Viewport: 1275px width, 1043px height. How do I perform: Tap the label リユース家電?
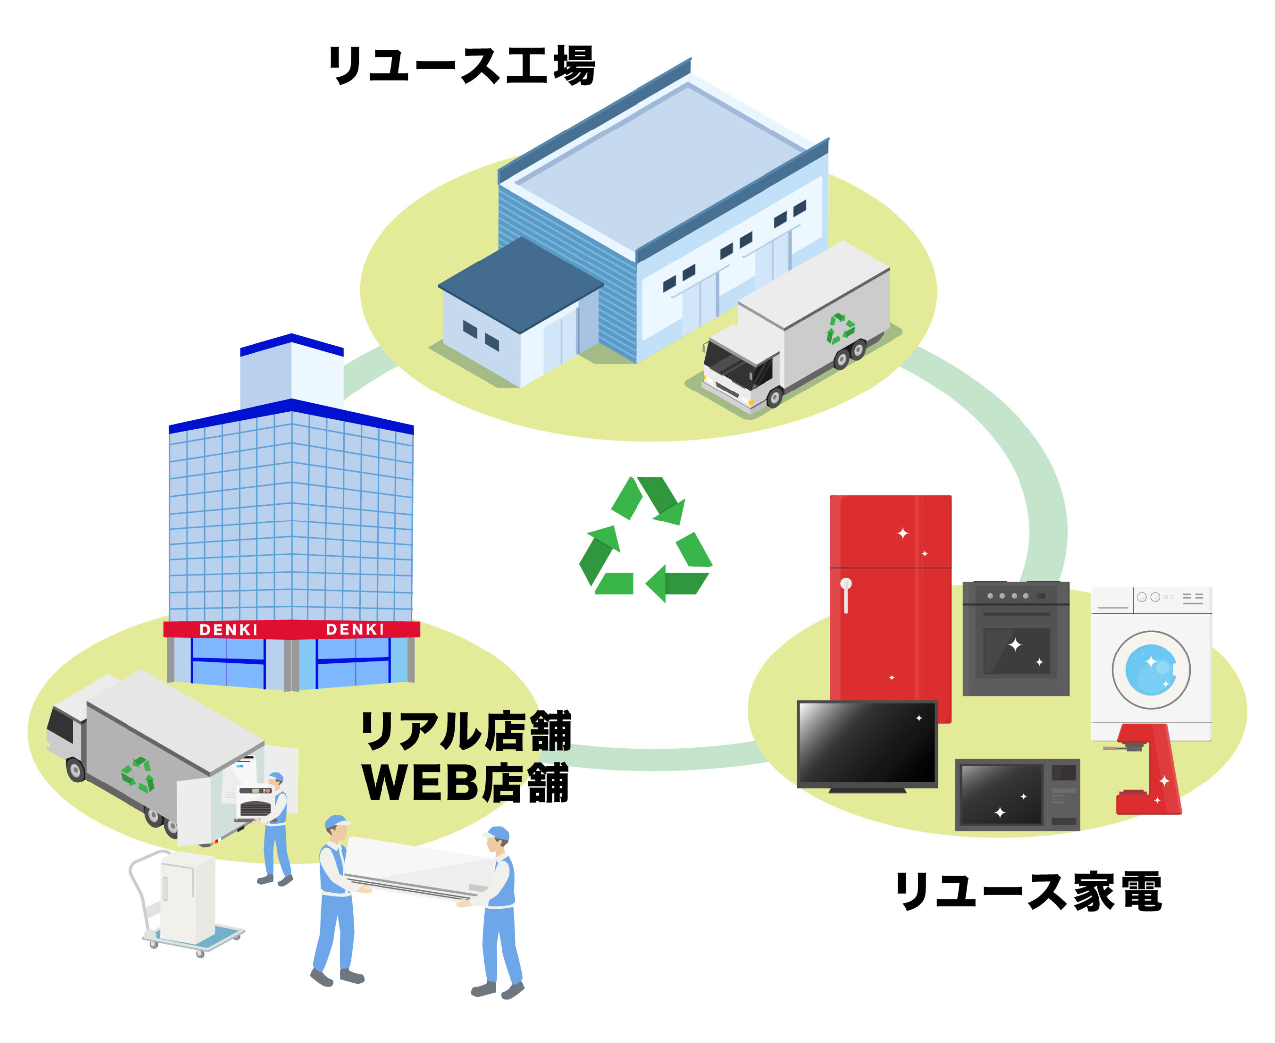tap(1028, 891)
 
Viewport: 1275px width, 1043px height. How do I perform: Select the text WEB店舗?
tap(465, 783)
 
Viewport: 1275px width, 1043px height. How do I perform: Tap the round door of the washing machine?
tap(1150, 669)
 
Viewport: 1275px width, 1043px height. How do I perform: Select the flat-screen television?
tap(867, 745)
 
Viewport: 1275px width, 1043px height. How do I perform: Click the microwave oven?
tap(1017, 795)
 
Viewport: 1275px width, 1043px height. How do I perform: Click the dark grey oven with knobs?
tap(1016, 638)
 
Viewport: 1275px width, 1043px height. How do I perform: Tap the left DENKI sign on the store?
tap(228, 630)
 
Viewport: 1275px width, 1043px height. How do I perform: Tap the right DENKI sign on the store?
tap(355, 629)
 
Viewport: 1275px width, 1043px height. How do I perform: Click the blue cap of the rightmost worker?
tap(498, 833)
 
